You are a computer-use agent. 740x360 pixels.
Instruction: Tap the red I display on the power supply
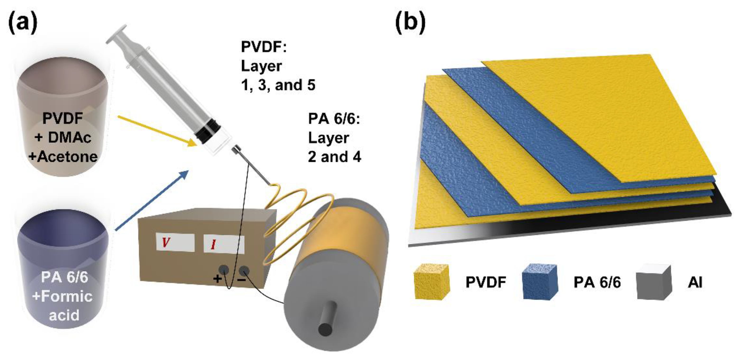[224, 244]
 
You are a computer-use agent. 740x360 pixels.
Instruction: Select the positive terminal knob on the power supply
[224, 270]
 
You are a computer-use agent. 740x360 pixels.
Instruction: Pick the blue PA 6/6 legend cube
[539, 282]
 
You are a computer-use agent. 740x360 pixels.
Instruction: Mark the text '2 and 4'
[334, 157]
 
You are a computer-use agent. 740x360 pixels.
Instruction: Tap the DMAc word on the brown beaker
[69, 137]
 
